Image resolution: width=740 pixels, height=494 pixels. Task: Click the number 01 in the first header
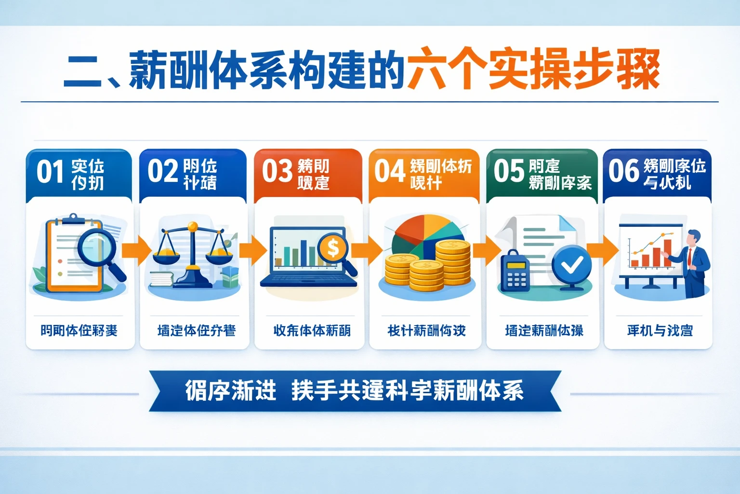pos(50,172)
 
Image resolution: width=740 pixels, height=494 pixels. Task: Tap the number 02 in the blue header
pos(162,172)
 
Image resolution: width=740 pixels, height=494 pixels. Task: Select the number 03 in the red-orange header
pos(277,172)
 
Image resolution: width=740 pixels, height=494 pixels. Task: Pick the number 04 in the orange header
pos(389,172)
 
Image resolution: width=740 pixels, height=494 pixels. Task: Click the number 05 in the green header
pos(508,172)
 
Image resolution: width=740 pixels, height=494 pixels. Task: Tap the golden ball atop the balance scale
pos(193,226)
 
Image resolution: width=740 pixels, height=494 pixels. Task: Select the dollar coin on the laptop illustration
pos(333,248)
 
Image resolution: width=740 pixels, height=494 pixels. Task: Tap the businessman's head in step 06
pos(694,238)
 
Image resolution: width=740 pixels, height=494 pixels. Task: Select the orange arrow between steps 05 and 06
pos(602,251)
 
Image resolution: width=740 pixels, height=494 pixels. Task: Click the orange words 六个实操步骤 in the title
pos(532,70)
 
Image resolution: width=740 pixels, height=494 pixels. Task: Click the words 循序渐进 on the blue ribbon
pos(231,390)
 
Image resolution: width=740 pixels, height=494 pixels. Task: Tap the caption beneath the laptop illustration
pos(312,330)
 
